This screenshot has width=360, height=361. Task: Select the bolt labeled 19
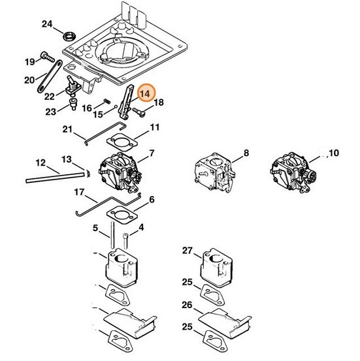[x=48, y=57]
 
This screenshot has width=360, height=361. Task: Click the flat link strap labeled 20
[x=50, y=76]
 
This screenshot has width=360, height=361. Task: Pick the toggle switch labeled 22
[x=73, y=86]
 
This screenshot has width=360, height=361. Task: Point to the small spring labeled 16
[x=106, y=101]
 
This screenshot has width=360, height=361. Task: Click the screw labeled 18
[x=139, y=112]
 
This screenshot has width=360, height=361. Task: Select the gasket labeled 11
[x=122, y=142]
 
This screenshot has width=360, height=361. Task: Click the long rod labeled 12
[x=55, y=178]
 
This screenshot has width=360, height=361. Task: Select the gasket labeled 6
[x=122, y=214]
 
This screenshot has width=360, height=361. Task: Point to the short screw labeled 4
[x=126, y=241]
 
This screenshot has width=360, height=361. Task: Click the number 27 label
[x=187, y=251]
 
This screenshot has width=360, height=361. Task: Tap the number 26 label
[x=187, y=305]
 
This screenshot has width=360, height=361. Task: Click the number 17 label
[x=79, y=192]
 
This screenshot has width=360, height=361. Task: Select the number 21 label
[x=67, y=129]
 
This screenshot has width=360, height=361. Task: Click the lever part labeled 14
[x=126, y=102]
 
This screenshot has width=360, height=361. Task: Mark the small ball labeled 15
[x=116, y=106]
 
